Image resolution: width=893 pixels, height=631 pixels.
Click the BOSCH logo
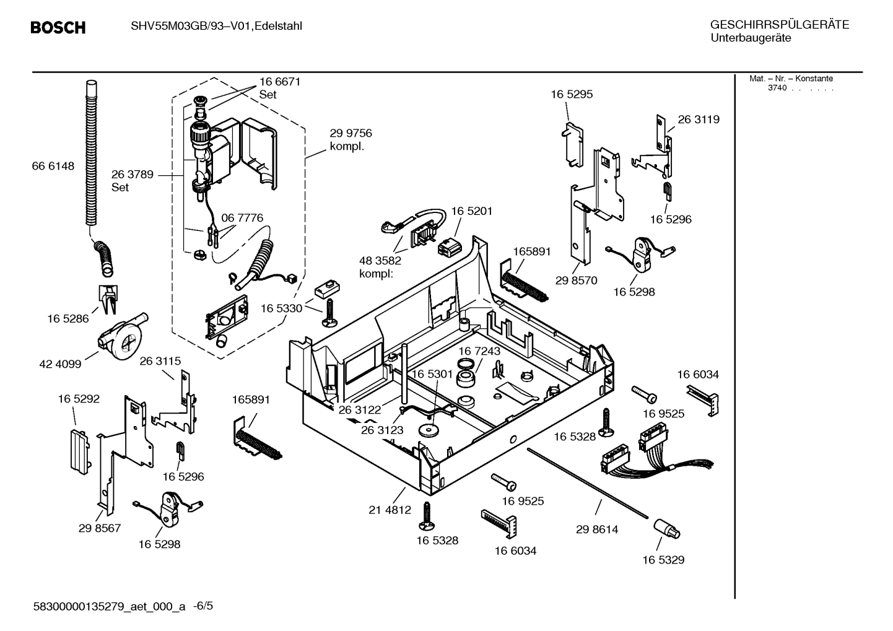click(58, 27)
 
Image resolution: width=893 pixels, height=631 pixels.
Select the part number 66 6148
click(53, 166)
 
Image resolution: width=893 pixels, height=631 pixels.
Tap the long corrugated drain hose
click(92, 155)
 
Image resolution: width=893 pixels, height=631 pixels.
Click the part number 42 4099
click(60, 364)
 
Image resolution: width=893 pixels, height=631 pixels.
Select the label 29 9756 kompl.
click(351, 139)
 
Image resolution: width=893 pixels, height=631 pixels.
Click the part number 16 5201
click(471, 211)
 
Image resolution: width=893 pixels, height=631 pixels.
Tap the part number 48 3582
click(380, 261)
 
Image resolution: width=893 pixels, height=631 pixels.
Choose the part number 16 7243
click(479, 351)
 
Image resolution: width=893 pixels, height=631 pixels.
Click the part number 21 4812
click(390, 510)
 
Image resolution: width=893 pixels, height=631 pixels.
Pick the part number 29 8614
click(596, 529)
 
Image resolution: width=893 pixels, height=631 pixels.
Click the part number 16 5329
click(663, 560)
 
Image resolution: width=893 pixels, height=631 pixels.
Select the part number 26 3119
click(699, 120)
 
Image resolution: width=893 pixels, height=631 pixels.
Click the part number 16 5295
click(572, 94)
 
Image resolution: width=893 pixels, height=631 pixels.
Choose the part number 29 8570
click(576, 281)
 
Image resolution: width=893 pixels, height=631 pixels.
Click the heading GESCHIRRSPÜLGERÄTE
click(779, 25)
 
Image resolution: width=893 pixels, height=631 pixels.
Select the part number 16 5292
click(79, 399)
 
